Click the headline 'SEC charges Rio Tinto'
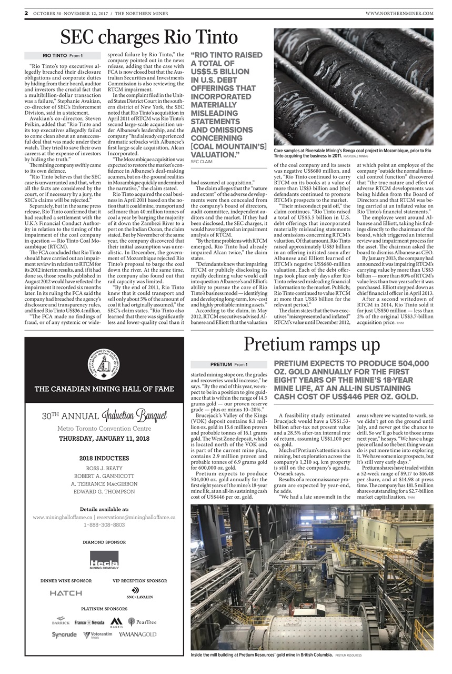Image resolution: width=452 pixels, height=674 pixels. click(149, 37)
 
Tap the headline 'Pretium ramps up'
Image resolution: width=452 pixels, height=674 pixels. click(312, 331)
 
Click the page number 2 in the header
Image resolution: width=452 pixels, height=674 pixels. click(26, 13)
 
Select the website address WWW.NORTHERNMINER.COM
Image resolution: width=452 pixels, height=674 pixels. click(399, 13)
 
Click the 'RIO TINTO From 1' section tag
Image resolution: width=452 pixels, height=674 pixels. click(63, 55)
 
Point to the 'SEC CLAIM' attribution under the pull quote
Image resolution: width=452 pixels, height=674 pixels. click(202, 162)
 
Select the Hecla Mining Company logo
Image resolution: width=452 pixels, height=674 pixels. click(104, 560)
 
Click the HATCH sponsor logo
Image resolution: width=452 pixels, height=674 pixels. click(66, 593)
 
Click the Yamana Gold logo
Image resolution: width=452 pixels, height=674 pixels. click(137, 635)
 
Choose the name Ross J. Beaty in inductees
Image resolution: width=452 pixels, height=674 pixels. click(104, 468)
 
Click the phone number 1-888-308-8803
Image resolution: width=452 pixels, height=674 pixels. click(104, 524)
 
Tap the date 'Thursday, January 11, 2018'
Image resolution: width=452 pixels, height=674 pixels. click(104, 438)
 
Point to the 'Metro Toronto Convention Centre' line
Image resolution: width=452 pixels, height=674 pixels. click(104, 428)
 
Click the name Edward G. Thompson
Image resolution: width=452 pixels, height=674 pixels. click(104, 491)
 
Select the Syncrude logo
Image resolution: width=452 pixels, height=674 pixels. click(64, 635)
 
